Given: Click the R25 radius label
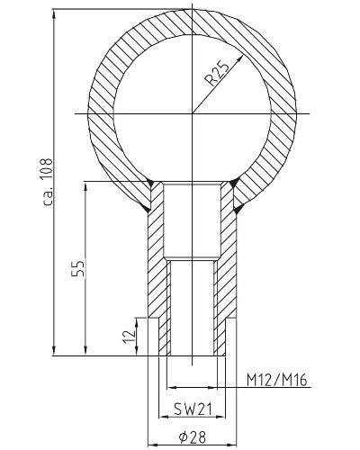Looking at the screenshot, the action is pos(217,73).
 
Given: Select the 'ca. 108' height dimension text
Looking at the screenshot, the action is pos(48,182).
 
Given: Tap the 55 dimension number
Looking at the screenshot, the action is pos(79,268).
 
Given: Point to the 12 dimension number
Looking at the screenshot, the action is pos(129,337).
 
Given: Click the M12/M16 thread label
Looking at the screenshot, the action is pos(277,380).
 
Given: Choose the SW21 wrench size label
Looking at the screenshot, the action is pos(193,409).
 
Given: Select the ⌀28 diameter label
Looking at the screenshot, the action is pos(193,437).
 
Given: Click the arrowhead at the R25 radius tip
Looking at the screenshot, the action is pos(239,60).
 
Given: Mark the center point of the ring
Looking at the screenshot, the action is pos(192,113).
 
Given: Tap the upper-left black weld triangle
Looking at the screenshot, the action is pos(150,183).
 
